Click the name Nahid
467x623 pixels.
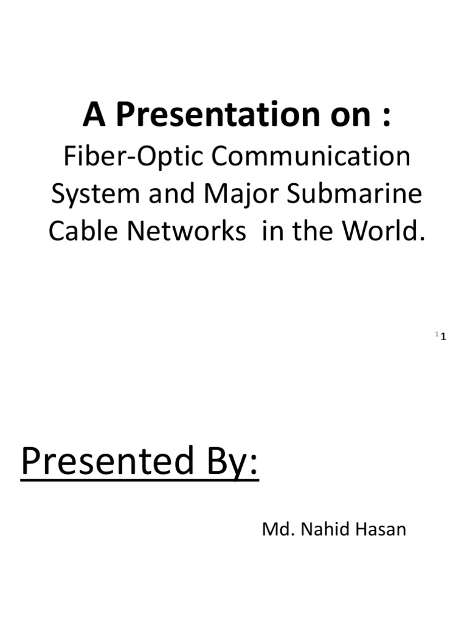pos(321,529)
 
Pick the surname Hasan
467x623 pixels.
pos(381,529)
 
